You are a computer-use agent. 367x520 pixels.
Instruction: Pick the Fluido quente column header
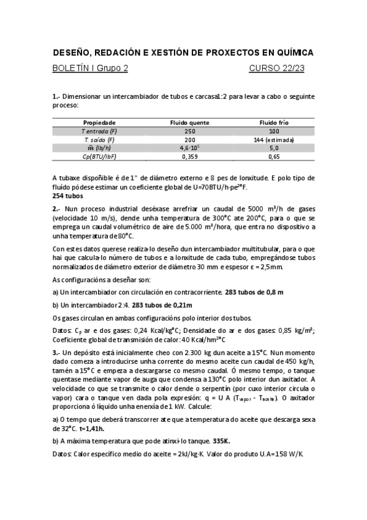[190, 123]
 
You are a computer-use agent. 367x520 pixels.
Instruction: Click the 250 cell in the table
[190, 131]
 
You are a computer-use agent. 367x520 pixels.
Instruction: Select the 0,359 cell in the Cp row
[190, 157]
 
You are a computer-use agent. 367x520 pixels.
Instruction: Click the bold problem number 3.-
[56, 353]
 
